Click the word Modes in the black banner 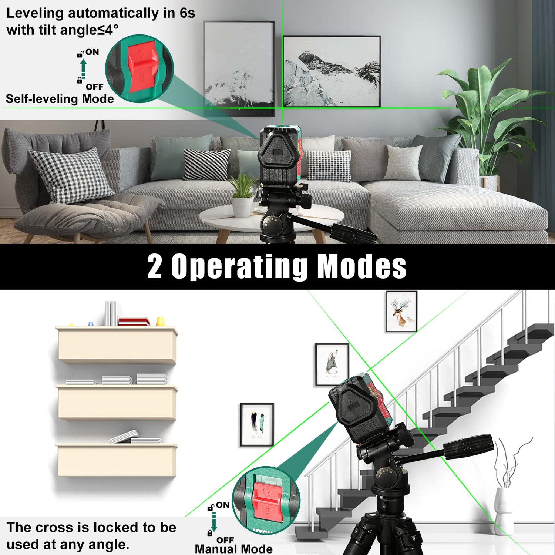pyautogui.click(x=362, y=266)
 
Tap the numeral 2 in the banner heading pyautogui.click(x=155, y=266)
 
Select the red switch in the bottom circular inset pyautogui.click(x=268, y=501)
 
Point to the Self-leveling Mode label pyautogui.click(x=60, y=99)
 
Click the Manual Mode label pyautogui.click(x=233, y=549)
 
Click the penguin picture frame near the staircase pyautogui.click(x=332, y=365)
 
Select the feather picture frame pyautogui.click(x=257, y=425)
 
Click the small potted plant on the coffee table pyautogui.click(x=242, y=196)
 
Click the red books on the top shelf pyautogui.click(x=134, y=321)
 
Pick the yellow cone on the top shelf pyautogui.click(x=160, y=321)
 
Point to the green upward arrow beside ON pyautogui.click(x=84, y=68)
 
